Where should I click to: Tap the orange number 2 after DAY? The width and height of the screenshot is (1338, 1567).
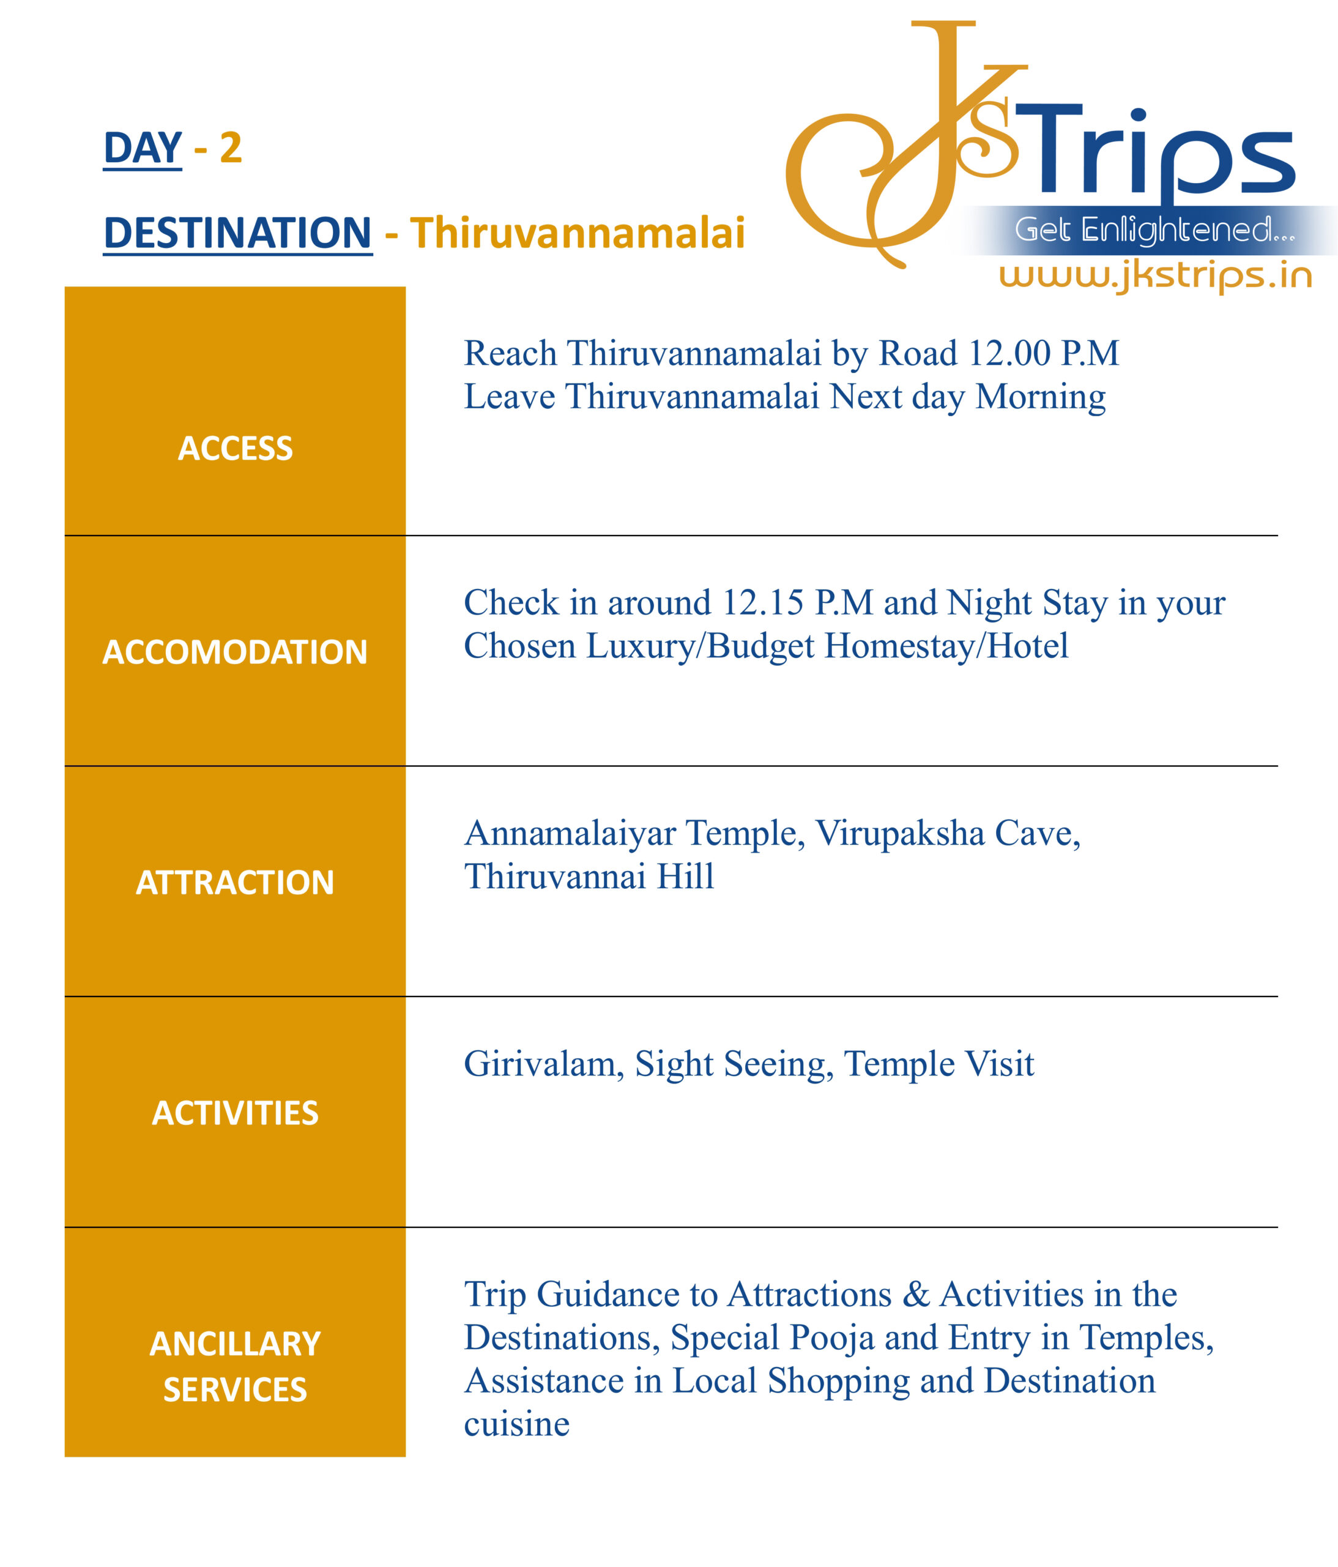231,148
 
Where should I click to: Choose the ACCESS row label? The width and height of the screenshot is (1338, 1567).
235,449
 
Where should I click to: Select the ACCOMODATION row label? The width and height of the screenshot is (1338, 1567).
235,652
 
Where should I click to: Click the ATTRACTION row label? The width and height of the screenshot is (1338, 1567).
235,883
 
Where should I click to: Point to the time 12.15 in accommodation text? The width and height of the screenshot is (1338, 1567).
763,604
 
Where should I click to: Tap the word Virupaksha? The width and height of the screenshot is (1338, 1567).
899,834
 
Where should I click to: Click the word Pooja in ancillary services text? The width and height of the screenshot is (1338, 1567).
831,1338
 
